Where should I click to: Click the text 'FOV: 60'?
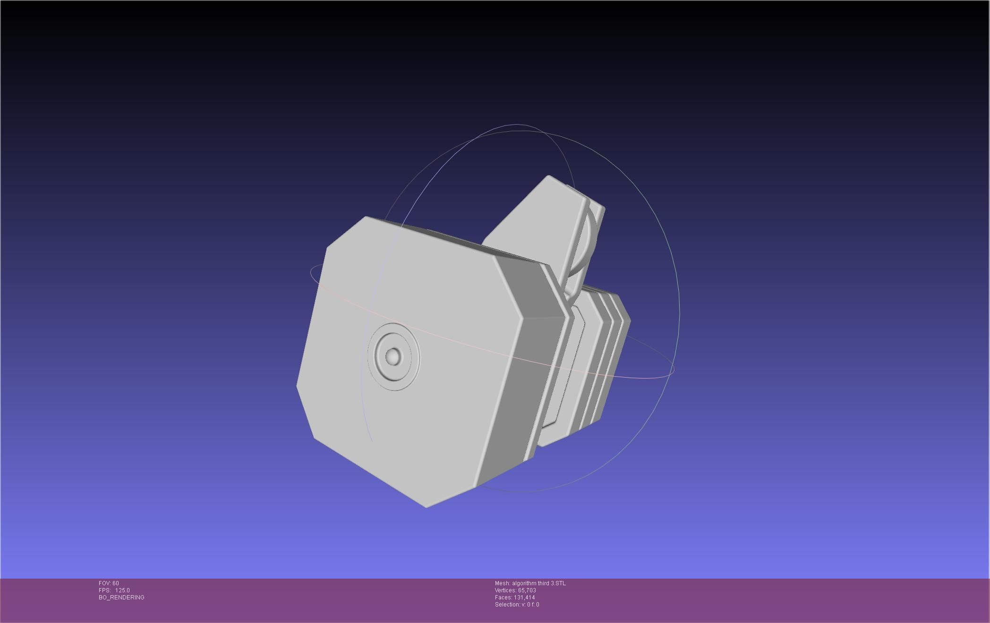click(x=109, y=583)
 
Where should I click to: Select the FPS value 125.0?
click(x=122, y=590)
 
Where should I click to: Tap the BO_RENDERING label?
click(x=121, y=598)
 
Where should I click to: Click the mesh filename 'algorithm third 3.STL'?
click(x=538, y=583)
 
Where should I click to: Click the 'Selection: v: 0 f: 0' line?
click(x=517, y=605)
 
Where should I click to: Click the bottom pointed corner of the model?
click(x=427, y=506)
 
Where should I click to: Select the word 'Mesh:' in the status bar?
click(x=502, y=583)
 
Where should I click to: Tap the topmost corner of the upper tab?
click(x=548, y=177)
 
